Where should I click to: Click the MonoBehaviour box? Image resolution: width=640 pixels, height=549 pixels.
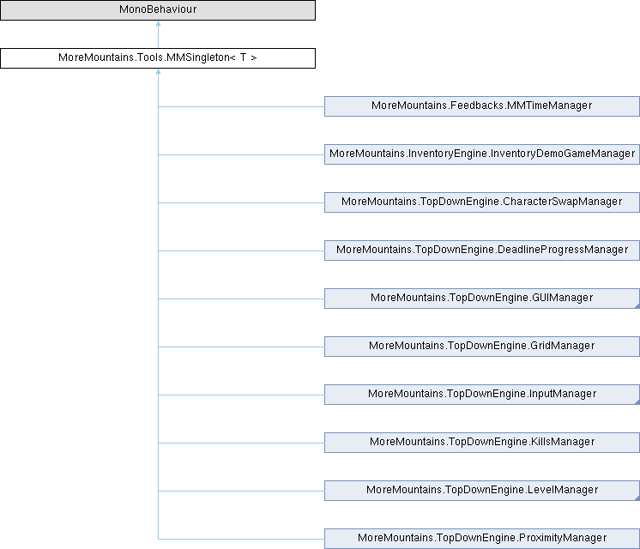click(158, 10)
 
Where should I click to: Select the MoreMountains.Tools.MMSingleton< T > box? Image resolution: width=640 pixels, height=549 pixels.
click(158, 58)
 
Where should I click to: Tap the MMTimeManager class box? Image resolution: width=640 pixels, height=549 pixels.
click(481, 106)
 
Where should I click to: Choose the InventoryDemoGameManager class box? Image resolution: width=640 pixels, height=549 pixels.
click(481, 154)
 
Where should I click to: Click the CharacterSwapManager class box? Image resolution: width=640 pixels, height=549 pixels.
click(481, 202)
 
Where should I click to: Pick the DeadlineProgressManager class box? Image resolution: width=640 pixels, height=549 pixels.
click(481, 250)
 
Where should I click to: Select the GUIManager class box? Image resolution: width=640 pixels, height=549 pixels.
click(481, 298)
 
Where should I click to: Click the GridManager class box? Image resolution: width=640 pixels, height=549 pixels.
click(481, 346)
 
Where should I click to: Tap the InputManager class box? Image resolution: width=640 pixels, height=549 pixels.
click(481, 394)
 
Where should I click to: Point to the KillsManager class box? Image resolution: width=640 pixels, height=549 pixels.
click(481, 442)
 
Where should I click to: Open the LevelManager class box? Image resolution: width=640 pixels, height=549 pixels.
click(481, 490)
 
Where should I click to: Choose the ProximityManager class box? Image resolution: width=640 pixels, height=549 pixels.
click(481, 538)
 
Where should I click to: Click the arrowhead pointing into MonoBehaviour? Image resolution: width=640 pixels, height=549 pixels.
click(158, 25)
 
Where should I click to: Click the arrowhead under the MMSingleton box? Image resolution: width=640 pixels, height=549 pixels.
click(158, 73)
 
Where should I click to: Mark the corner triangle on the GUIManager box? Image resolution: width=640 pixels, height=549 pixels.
click(636, 305)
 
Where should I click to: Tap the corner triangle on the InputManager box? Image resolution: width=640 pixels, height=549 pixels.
click(636, 401)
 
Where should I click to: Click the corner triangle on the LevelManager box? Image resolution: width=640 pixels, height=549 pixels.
click(636, 497)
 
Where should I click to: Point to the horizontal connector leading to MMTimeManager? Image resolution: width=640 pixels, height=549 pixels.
click(240, 106)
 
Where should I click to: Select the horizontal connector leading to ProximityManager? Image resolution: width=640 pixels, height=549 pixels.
click(240, 539)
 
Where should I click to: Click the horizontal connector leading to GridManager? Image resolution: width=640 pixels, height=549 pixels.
click(240, 347)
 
